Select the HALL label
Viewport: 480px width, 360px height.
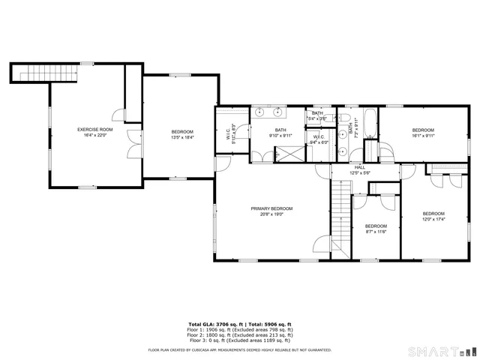360,167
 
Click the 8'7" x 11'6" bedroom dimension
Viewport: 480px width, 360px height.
376,231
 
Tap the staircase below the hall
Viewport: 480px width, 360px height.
342,218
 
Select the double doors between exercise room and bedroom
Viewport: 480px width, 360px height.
133,143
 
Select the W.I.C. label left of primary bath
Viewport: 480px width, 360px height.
227,134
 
